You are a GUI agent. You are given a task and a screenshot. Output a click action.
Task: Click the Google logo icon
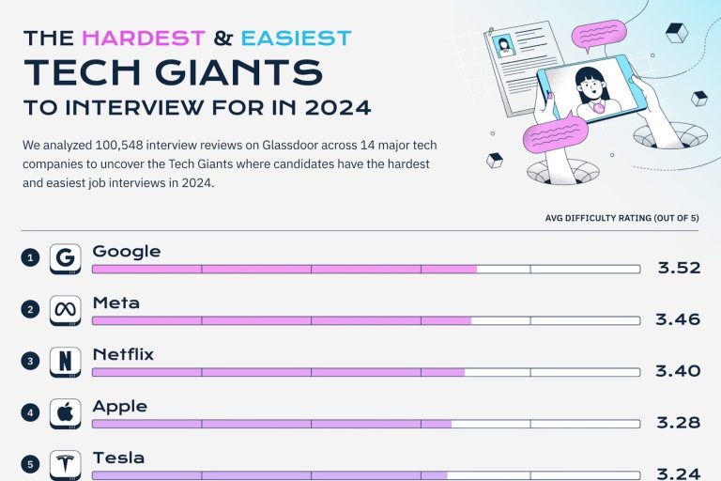click(65, 258)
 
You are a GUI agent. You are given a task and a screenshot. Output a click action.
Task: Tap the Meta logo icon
click(65, 310)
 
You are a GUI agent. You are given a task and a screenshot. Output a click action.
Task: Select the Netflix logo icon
click(65, 362)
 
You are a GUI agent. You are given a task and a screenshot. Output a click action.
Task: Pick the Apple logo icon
click(65, 412)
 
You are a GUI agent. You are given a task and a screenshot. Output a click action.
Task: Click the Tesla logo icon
click(65, 464)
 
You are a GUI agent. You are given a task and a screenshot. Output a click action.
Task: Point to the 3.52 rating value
click(679, 268)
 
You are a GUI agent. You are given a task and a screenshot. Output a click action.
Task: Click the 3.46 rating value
click(678, 319)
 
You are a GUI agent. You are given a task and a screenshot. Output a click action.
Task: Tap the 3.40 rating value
click(678, 371)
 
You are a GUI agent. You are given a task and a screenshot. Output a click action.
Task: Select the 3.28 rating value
click(678, 422)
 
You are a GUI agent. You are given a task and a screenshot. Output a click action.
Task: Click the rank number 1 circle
click(30, 258)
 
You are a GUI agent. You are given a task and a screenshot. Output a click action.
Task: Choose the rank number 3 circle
click(30, 362)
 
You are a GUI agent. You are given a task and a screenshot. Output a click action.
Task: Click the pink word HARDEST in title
click(143, 39)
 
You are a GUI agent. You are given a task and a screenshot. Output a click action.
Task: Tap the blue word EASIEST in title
click(296, 39)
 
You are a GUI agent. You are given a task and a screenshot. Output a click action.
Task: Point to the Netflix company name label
click(123, 354)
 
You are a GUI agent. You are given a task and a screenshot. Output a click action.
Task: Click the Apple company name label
click(119, 406)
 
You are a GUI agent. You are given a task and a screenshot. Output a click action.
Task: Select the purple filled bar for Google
click(284, 269)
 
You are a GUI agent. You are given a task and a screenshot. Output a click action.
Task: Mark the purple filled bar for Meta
click(281, 320)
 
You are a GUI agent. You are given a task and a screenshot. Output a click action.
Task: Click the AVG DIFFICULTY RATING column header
click(622, 218)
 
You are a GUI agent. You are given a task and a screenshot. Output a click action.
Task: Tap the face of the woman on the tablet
click(591, 89)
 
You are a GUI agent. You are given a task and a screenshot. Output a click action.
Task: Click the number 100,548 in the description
click(113, 146)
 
